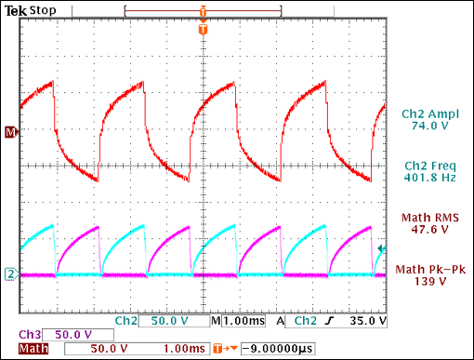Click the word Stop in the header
tap(42, 10)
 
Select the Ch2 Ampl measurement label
tap(424, 113)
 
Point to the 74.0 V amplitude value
tap(424, 127)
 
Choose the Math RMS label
tap(424, 219)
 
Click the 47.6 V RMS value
tap(424, 232)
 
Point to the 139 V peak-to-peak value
tap(424, 283)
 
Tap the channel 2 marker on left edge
tap(10, 273)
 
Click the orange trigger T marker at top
tap(202, 30)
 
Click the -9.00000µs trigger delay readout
tap(277, 350)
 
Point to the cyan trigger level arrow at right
tap(380, 247)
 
